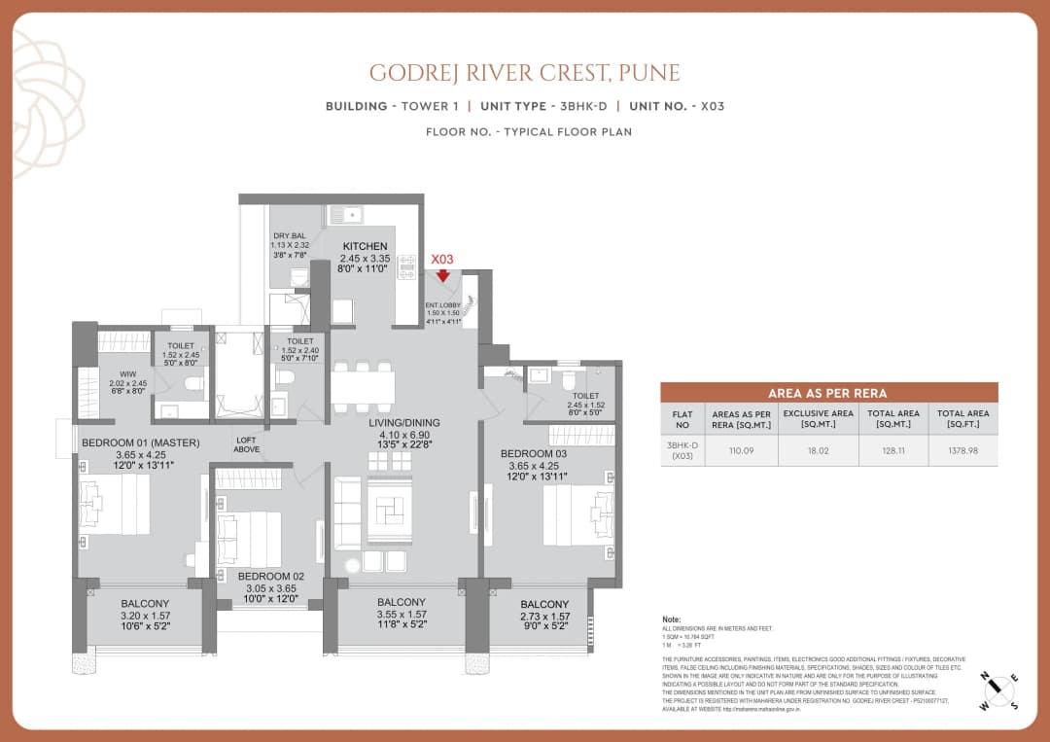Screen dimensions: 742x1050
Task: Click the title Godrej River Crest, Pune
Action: pos(524,73)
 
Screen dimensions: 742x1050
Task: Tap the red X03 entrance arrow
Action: pos(443,275)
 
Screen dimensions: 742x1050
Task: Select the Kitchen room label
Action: pos(365,246)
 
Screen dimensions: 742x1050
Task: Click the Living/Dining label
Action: pos(403,422)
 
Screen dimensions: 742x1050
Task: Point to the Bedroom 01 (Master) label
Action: pos(140,442)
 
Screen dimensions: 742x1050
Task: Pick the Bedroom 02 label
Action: pos(271,576)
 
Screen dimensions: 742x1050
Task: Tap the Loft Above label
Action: pos(247,444)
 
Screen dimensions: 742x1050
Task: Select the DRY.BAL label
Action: pos(289,236)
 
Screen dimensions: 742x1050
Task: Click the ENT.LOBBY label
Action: pos(443,305)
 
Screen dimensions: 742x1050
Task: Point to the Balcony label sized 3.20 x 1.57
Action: pos(146,603)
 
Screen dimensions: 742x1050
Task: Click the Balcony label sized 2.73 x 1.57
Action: pos(543,604)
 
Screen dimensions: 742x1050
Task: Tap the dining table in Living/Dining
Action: pos(363,387)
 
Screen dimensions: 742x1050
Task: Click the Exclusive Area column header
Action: pos(818,419)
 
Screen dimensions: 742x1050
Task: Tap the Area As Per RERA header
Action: pos(828,393)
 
